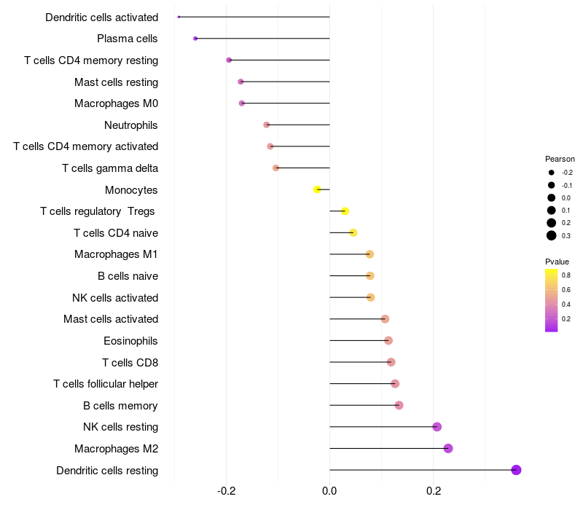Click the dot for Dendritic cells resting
[x=516, y=470]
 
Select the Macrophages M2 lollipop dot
[x=448, y=448]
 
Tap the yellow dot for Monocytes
[x=317, y=189]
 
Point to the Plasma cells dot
[x=195, y=39]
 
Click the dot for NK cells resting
[x=437, y=427]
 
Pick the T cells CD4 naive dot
[x=353, y=232]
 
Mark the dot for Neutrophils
[x=267, y=125]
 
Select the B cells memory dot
[x=399, y=405]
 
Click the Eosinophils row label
[x=131, y=341]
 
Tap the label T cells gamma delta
[x=110, y=168]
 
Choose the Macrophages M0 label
[x=116, y=103]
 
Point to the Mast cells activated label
[x=111, y=319]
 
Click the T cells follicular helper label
[x=106, y=384]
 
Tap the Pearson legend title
[x=560, y=159]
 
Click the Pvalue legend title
[x=557, y=262]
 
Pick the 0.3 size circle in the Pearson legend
[x=552, y=235]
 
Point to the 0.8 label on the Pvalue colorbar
[x=566, y=275]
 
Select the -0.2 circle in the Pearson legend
[x=552, y=173]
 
